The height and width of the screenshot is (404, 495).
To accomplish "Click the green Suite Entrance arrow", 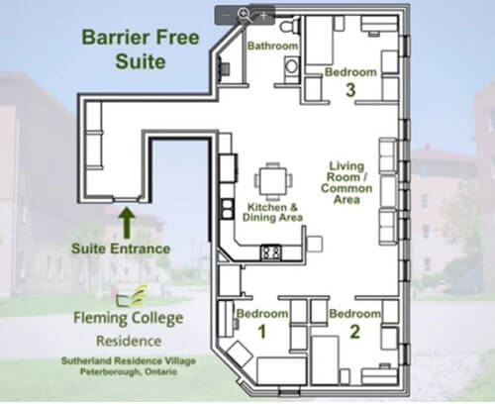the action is [127, 222].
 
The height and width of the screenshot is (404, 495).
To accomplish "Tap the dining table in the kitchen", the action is [273, 181].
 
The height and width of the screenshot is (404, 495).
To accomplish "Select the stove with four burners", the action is [271, 252].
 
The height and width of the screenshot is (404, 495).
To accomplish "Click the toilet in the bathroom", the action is [289, 24].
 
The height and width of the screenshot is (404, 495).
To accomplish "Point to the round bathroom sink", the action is [292, 65].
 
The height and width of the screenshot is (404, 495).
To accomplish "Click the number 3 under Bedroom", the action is [350, 89].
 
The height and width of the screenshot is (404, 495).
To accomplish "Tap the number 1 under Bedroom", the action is [262, 332].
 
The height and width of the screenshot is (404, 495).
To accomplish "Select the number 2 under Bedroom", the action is [354, 332].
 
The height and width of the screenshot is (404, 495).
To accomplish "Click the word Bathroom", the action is [272, 46].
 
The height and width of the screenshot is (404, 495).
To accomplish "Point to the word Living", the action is [346, 166].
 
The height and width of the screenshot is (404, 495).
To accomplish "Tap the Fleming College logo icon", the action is [132, 296].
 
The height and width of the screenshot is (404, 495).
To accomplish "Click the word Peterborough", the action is [110, 372].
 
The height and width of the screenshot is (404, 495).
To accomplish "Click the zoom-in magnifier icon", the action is [245, 15].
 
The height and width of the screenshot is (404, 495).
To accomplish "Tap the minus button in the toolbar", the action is [226, 15].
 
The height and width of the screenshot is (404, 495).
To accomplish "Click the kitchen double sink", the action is [228, 209].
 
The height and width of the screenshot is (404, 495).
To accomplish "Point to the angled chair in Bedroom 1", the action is [241, 354].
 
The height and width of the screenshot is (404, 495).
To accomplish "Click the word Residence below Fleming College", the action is [129, 341].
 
